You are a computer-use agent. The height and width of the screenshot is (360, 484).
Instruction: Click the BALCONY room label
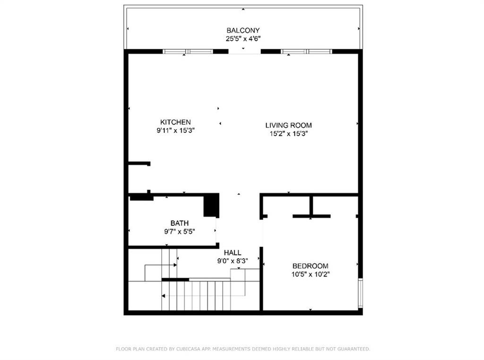242,30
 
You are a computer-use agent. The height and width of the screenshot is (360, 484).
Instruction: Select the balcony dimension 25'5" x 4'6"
242,39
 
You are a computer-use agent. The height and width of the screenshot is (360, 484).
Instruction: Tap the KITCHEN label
175,122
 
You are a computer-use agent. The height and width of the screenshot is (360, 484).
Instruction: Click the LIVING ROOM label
288,125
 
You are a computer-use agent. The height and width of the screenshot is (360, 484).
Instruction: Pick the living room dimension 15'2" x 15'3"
288,134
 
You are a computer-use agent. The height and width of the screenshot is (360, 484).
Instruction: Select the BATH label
180,223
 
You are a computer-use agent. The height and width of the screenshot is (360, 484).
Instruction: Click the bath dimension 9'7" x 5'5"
180,232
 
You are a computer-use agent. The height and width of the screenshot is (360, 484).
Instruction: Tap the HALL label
233,253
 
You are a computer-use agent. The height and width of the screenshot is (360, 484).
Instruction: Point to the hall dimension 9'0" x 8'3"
233,261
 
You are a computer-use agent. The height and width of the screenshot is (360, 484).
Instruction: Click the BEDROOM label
310,266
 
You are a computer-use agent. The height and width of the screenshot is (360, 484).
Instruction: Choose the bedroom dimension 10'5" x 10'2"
310,274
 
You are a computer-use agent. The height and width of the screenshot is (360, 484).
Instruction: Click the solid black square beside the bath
211,205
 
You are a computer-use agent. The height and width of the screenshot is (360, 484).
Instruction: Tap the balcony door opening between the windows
244,52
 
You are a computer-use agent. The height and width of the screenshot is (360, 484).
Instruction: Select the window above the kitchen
188,52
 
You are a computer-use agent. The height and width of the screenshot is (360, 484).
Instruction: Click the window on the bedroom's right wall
360,293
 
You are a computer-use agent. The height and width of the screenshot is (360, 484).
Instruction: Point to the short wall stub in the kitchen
139,164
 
